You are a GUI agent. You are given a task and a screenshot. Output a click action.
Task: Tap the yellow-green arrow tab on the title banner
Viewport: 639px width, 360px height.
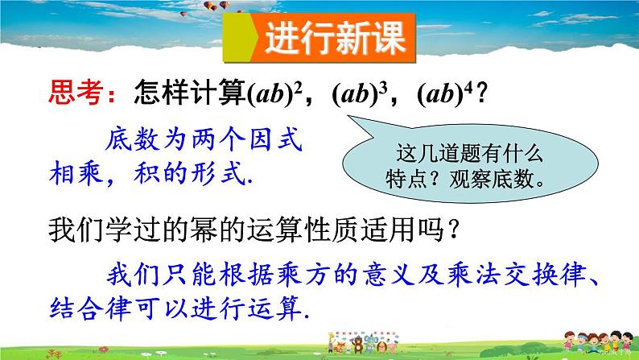pos(245,37)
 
